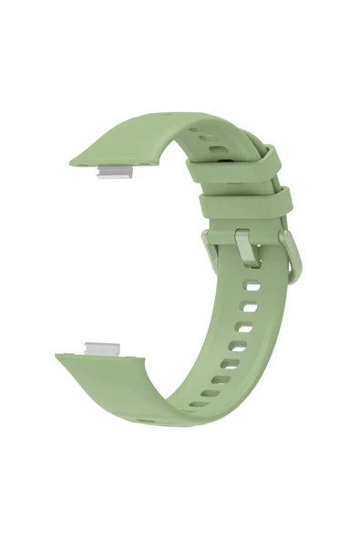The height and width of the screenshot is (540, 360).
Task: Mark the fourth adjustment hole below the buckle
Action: pos(237,346)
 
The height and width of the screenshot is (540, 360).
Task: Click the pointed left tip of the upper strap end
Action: pos(72,162)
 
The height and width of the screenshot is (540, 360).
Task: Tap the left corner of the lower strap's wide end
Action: pos(57,356)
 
